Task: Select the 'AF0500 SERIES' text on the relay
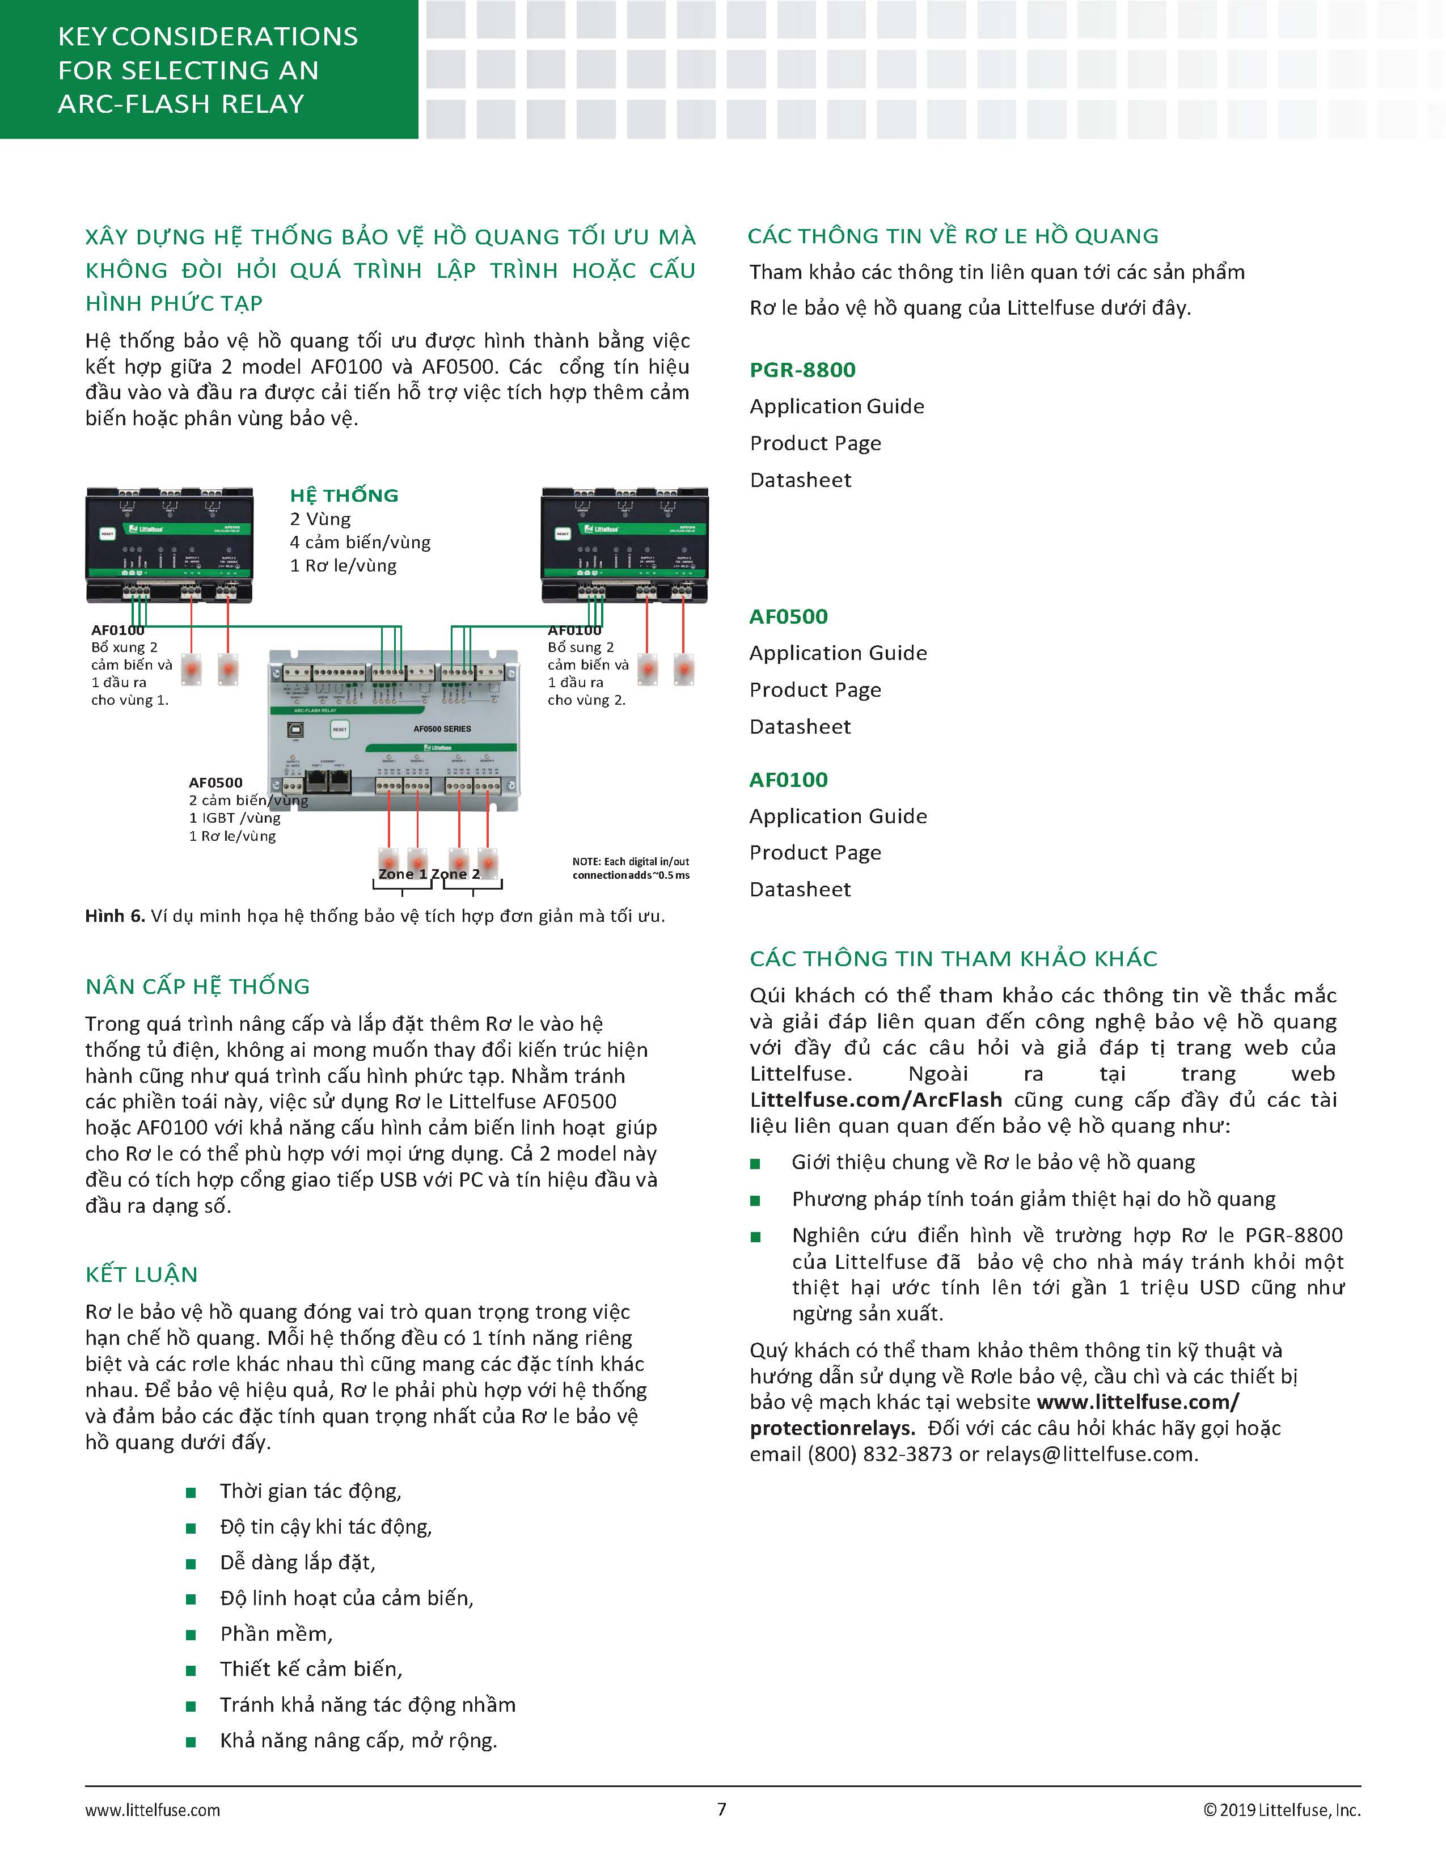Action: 442,729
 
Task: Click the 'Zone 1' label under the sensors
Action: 403,874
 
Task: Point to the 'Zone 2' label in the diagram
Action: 456,874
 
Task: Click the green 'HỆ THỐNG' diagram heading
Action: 344,495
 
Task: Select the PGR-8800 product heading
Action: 802,370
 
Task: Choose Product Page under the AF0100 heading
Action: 815,852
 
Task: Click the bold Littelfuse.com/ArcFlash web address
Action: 876,1099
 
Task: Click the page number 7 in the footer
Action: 722,1809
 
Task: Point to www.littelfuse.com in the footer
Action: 153,1810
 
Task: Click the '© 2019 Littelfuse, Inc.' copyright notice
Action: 1282,1810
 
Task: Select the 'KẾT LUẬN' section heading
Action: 141,1275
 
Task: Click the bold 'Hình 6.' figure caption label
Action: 115,916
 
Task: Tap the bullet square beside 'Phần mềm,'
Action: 191,1635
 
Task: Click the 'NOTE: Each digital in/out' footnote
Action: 631,862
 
